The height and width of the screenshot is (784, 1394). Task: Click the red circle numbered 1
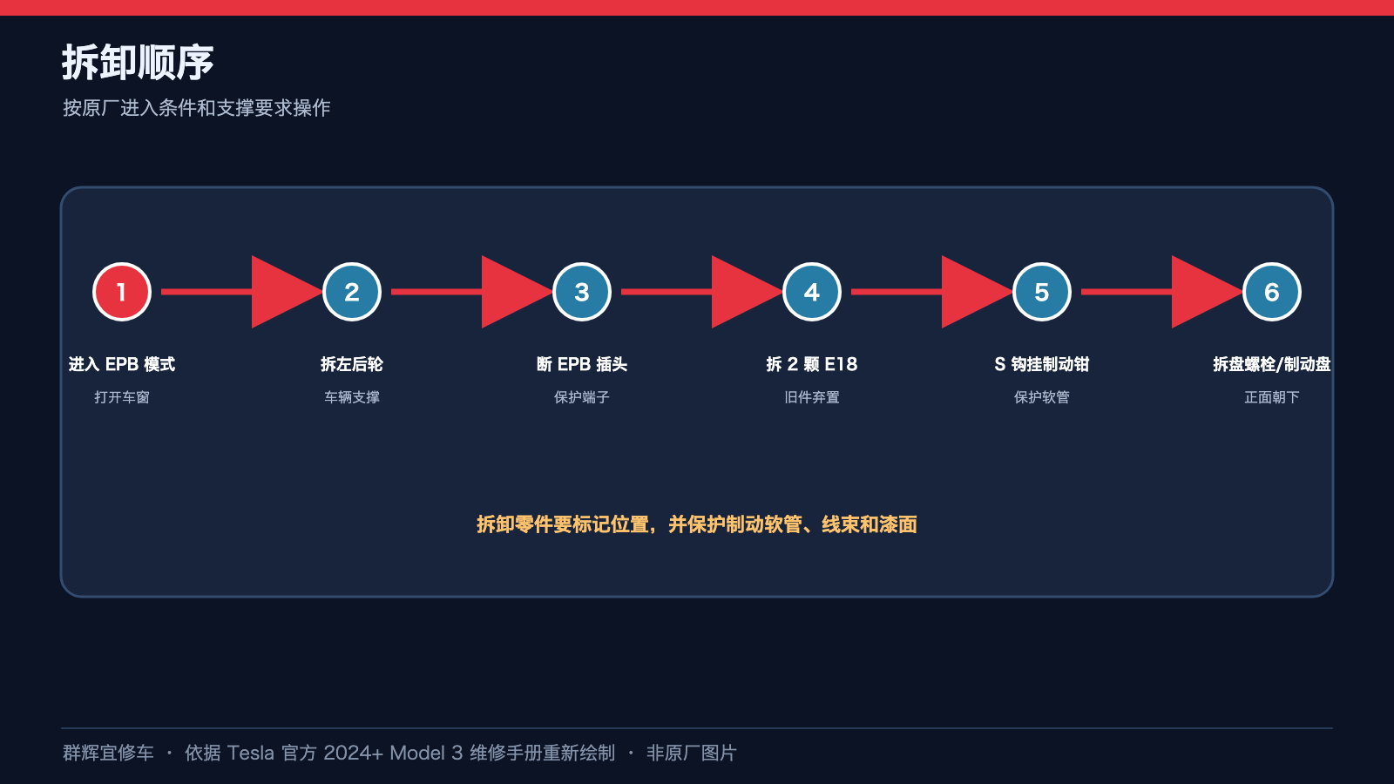tap(122, 292)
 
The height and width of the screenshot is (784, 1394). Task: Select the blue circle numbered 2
tap(352, 292)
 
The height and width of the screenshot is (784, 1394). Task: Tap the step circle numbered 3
tap(582, 292)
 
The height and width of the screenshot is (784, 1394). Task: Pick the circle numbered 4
tap(811, 292)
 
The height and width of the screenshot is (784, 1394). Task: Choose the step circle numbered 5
tap(1042, 292)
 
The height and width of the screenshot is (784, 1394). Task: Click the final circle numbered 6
tap(1271, 292)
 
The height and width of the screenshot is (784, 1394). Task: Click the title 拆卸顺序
tap(138, 62)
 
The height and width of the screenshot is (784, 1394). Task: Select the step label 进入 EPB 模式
tap(122, 364)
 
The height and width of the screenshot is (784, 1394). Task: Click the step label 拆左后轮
tap(352, 364)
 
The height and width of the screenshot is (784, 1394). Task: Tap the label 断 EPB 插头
tap(582, 364)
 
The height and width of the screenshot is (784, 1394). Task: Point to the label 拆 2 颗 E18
tap(811, 364)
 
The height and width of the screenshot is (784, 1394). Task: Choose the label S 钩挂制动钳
tap(1042, 364)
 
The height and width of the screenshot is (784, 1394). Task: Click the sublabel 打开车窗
tap(122, 397)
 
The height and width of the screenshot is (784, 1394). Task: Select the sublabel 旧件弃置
tap(811, 397)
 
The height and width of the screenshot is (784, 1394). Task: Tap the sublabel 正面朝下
tap(1271, 397)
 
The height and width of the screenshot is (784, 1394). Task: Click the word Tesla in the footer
tap(250, 753)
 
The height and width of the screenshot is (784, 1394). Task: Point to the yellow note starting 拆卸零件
tap(697, 524)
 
